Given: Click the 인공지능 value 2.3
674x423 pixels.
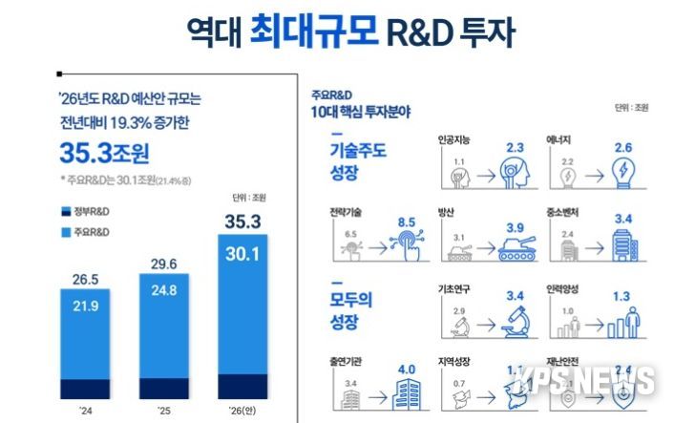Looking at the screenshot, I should [516, 147].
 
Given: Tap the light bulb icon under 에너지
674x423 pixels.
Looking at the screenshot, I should [626, 174].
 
